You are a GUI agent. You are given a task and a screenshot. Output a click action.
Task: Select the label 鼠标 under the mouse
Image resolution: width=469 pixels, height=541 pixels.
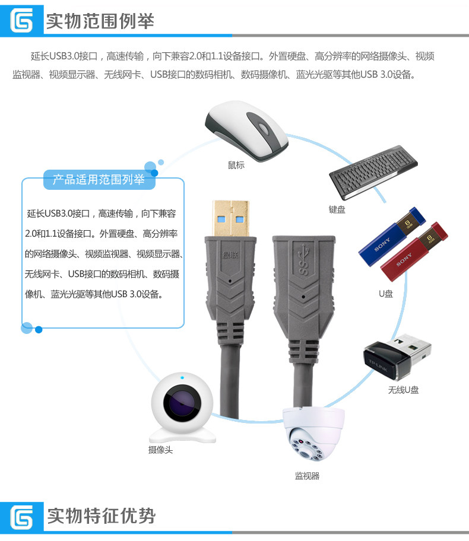pos(236,164)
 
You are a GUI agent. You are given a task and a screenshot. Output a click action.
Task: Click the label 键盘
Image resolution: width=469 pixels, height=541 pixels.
pos(337,209)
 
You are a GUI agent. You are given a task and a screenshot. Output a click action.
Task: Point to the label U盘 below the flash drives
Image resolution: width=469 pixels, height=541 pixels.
pos(386,293)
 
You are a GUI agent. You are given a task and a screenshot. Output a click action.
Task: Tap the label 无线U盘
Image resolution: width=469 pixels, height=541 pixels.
pos(403,390)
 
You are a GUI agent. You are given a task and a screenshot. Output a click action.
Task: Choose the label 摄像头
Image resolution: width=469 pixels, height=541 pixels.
pos(160,450)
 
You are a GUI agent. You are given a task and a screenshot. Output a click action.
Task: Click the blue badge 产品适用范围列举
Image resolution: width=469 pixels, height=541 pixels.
pos(99,180)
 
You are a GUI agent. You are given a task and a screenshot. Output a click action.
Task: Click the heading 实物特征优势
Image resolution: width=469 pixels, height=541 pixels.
pos(101,515)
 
